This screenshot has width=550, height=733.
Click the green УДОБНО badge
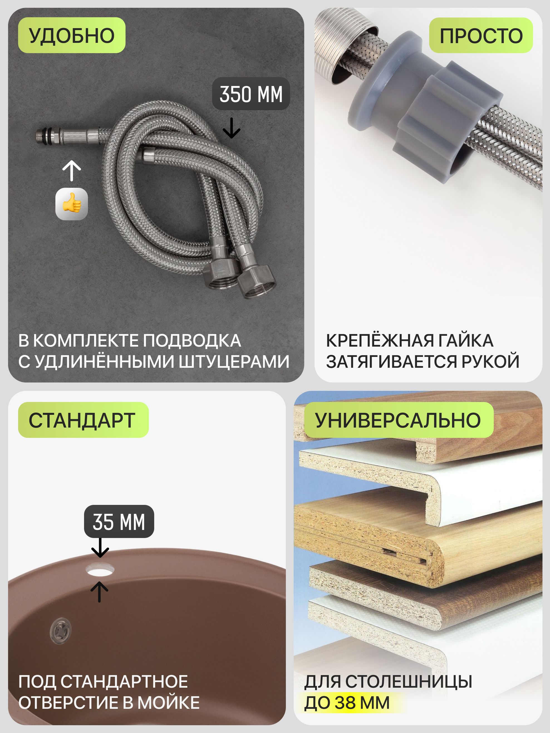pyautogui.click(x=72, y=35)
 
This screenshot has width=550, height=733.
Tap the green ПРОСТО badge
pyautogui.click(x=481, y=35)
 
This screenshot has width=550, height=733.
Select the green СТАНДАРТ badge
pyautogui.click(x=83, y=420)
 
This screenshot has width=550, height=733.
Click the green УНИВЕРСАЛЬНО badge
pyautogui.click(x=399, y=420)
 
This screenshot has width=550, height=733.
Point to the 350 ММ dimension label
pyautogui.click(x=251, y=94)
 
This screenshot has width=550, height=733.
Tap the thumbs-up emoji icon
pyautogui.click(x=72, y=204)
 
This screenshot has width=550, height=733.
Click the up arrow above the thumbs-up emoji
pyautogui.click(x=72, y=171)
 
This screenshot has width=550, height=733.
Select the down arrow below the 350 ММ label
pyautogui.click(x=231, y=128)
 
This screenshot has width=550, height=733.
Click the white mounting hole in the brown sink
pyautogui.click(x=100, y=570)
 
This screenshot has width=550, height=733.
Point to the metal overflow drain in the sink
pyautogui.click(x=61, y=631)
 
